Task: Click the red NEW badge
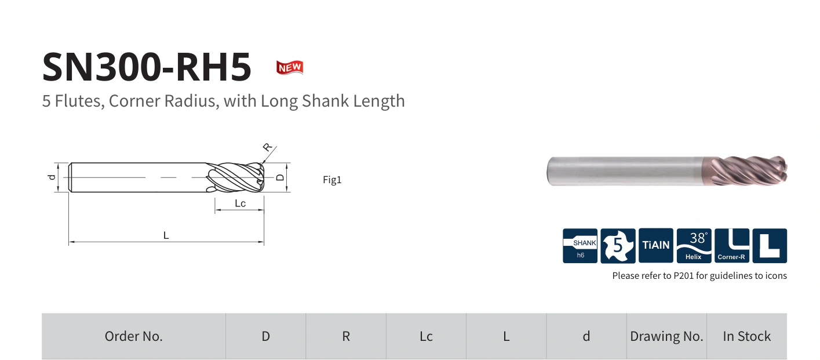pos(290,67)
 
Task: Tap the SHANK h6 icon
pos(580,246)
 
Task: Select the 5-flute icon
pos(618,246)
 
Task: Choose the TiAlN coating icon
pos(655,245)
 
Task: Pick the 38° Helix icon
pos(694,246)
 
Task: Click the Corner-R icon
pos(732,246)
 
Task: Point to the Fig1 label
pos(332,180)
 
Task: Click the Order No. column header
pos(134,336)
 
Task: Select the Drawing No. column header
pos(666,336)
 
